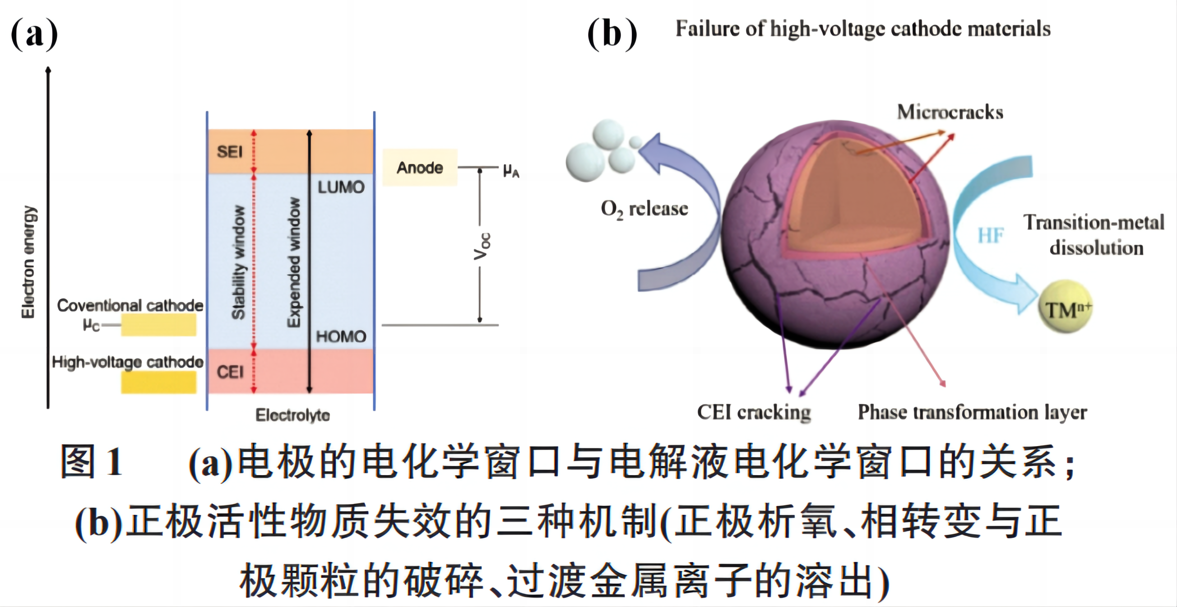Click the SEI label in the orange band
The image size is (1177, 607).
(229, 152)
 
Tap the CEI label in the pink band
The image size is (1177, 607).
(230, 372)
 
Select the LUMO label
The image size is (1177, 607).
(341, 187)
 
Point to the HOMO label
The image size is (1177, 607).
(341, 336)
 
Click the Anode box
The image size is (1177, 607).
(419, 167)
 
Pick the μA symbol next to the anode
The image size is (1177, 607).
(511, 171)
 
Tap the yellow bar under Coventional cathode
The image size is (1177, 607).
(158, 325)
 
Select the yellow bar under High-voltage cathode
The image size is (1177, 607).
(158, 382)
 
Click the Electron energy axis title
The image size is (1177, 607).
(28, 262)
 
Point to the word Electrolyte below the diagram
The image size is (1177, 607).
(292, 415)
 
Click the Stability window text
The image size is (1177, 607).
(238, 262)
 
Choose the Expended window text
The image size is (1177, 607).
(294, 262)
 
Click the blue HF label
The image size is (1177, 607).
(991, 235)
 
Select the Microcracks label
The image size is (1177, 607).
(950, 112)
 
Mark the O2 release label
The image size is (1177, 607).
(644, 209)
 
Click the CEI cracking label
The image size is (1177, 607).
(754, 412)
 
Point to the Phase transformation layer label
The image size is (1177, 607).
(972, 412)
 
